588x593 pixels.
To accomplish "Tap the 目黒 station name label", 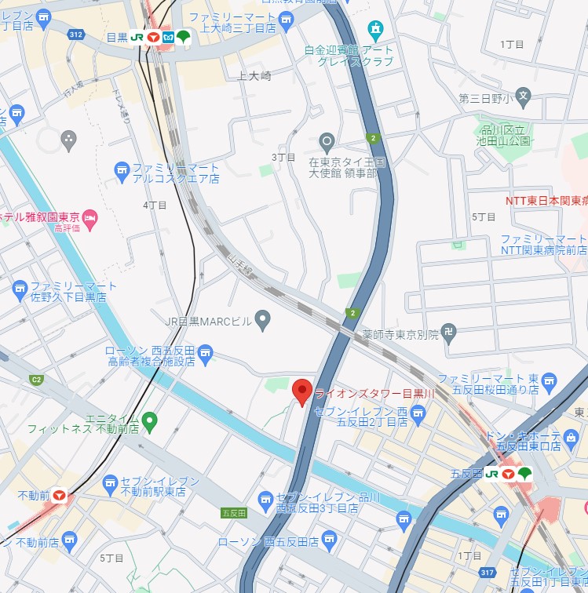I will (x=116, y=37).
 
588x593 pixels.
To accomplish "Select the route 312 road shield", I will (x=75, y=35).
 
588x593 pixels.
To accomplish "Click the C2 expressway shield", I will (x=36, y=379).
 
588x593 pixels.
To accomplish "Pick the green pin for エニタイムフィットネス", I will (x=150, y=422).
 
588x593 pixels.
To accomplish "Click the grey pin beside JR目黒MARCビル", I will (x=263, y=318).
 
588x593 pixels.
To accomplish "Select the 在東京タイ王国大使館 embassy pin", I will (x=327, y=142).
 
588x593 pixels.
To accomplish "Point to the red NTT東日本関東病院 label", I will (x=546, y=200).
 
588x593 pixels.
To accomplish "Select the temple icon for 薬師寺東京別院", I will (x=448, y=332).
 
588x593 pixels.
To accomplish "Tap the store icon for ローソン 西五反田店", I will (x=329, y=540).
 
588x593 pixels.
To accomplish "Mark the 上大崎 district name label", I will (x=254, y=76).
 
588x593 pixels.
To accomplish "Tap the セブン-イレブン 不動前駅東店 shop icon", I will (x=110, y=482).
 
